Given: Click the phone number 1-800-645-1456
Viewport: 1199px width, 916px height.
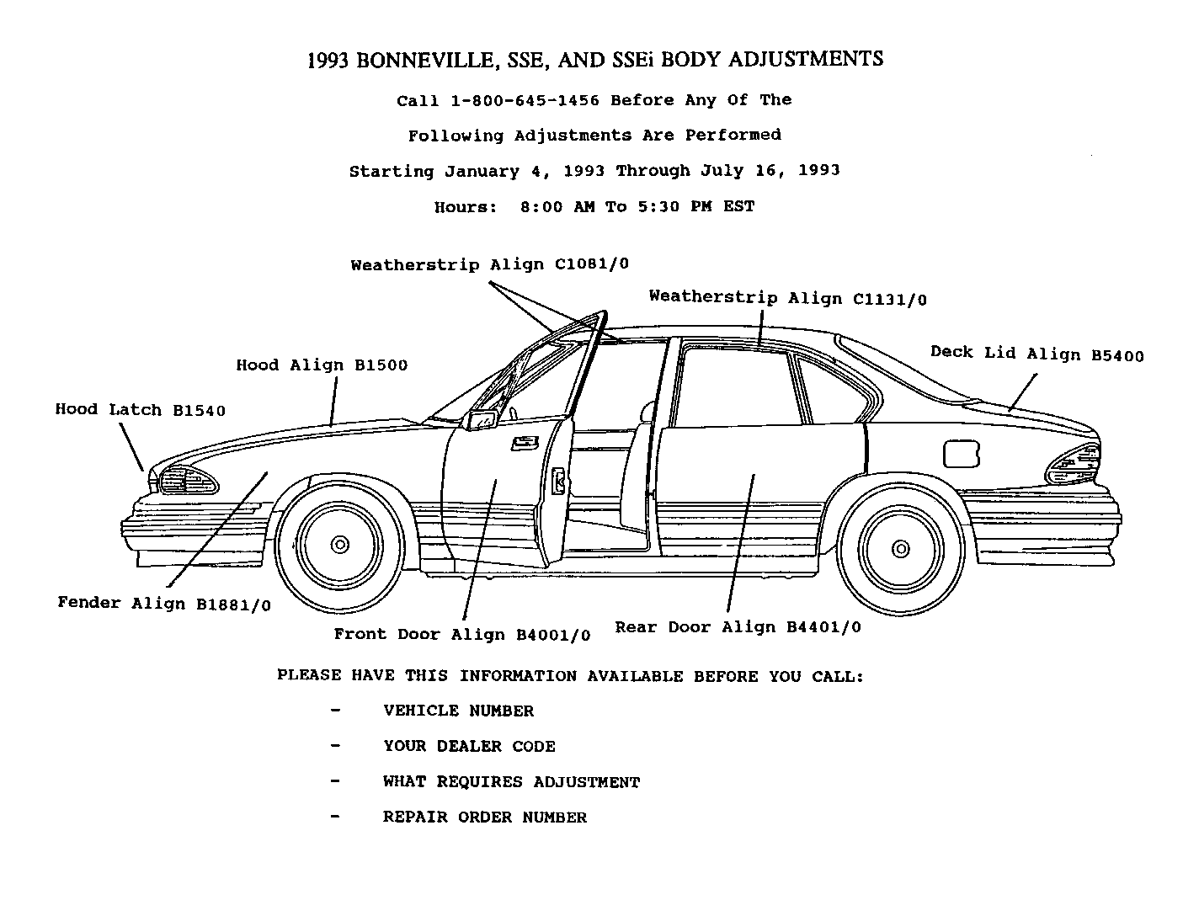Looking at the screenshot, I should click(x=525, y=100).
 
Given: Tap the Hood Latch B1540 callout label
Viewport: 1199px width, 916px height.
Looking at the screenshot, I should click(x=141, y=410).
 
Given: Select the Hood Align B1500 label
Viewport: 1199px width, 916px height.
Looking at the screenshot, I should click(x=322, y=365).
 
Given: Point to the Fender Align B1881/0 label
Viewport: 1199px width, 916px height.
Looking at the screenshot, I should click(x=164, y=604).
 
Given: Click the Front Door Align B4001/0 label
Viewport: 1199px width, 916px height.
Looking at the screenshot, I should click(x=461, y=635).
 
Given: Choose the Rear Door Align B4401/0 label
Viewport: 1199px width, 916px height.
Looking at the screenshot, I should click(x=738, y=627).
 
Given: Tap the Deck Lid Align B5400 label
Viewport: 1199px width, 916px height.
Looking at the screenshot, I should click(x=1036, y=354).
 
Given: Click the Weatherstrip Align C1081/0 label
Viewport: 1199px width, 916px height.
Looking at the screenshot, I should click(x=489, y=265).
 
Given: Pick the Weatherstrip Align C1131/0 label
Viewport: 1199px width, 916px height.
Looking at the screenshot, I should click(x=787, y=298).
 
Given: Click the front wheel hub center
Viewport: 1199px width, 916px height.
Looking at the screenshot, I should click(x=340, y=545).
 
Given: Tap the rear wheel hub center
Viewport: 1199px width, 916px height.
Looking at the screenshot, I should click(x=901, y=549).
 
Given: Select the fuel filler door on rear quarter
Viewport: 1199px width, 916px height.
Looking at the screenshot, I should click(x=961, y=453).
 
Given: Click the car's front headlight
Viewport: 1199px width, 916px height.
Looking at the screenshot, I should click(x=186, y=480).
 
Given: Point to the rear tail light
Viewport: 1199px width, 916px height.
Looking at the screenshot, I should click(x=1074, y=465).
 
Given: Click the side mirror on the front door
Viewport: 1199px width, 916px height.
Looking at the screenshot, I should click(x=482, y=420).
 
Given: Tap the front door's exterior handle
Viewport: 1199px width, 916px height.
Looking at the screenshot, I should click(x=525, y=443).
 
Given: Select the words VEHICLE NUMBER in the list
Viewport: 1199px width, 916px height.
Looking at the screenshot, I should click(x=458, y=711).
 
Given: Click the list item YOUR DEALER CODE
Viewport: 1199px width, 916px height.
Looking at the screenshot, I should click(x=469, y=747).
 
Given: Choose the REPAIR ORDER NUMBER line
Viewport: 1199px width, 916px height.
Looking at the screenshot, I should click(x=484, y=817).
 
